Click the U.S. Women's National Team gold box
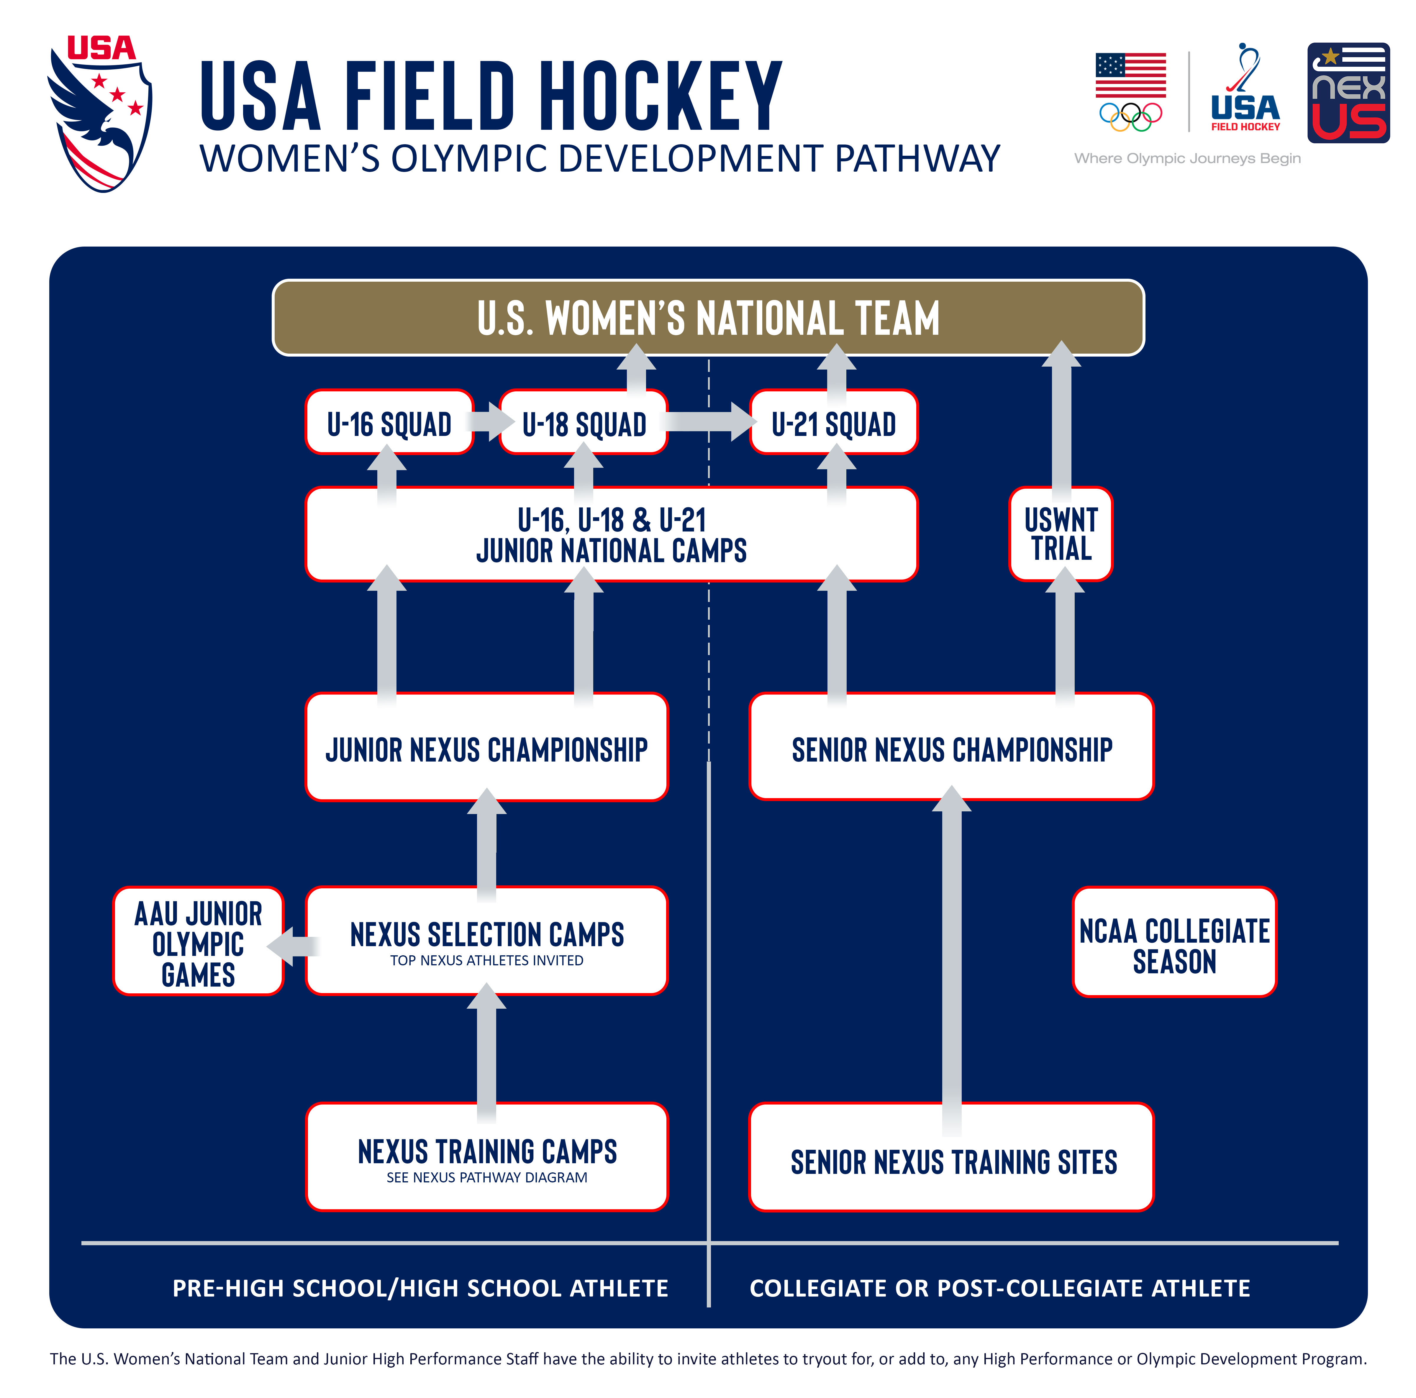pos(708,317)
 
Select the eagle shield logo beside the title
pos(101,114)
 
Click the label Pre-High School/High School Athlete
pos(420,1287)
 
